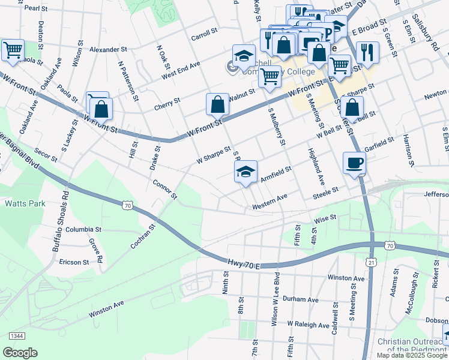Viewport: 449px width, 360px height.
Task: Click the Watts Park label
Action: pos(25,203)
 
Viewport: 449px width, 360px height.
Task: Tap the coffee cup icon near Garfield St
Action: pos(354,163)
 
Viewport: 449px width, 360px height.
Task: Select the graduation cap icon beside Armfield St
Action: pos(245,172)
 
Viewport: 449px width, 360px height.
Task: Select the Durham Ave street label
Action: pos(300,299)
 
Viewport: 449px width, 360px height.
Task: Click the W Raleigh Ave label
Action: pos(308,325)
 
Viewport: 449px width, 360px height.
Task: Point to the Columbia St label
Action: pos(83,229)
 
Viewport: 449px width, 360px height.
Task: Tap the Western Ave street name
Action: pos(270,205)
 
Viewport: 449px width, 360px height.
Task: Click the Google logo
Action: pos(20,353)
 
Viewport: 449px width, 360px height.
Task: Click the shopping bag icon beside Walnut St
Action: pos(217,104)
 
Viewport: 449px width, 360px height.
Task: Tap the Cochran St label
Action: pos(143,237)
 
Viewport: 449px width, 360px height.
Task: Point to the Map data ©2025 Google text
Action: pos(412,355)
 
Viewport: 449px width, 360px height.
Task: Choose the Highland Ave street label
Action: pos(316,167)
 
